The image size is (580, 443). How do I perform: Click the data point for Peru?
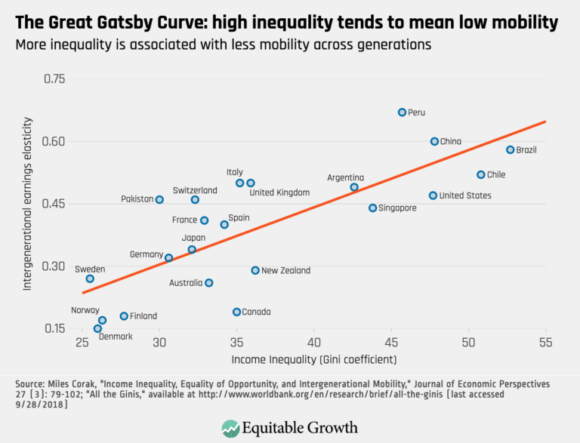pos(403,112)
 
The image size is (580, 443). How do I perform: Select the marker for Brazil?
pos(511,149)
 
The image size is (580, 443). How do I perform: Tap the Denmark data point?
pos(97,328)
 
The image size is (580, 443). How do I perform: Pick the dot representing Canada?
pos(236,312)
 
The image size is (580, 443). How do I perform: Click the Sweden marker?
pos(90,278)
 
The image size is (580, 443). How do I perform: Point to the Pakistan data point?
pos(159,199)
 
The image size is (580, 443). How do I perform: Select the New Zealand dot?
pos(255,270)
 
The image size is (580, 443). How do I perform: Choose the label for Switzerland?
pos(194,190)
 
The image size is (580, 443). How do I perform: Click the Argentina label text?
pos(345,177)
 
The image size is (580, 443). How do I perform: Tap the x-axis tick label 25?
pos(82,342)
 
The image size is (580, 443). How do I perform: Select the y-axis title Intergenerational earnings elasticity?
pos(28,204)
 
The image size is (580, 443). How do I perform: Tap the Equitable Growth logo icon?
pos(230,429)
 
